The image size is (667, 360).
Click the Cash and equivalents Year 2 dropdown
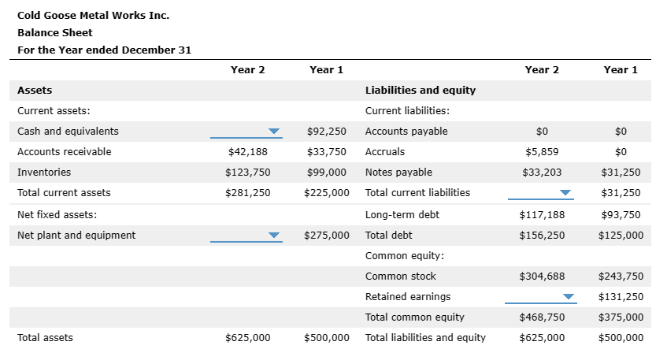tap(246, 132)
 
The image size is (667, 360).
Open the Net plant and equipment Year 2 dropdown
tap(246, 236)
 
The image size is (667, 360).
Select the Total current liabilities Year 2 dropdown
tap(540, 193)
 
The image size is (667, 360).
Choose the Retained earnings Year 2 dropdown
tap(540, 297)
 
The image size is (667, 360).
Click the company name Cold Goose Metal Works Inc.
tap(93, 15)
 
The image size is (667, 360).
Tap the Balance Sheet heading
tap(54, 32)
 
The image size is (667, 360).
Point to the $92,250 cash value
tap(326, 132)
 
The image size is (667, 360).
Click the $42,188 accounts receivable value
tap(247, 152)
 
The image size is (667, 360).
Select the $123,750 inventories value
tap(247, 173)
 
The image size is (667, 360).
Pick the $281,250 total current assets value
tap(247, 193)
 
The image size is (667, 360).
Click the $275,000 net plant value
tap(326, 236)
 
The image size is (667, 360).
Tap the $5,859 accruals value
tap(542, 152)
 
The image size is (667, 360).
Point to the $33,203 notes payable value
tap(542, 173)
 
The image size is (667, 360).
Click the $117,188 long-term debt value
tap(542, 214)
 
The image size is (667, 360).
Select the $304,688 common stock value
tap(542, 276)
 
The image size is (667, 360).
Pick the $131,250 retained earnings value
tap(621, 297)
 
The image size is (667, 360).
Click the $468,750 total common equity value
tap(542, 317)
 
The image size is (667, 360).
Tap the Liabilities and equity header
tap(421, 91)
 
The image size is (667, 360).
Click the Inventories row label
tap(44, 173)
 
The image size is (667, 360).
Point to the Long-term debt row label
tap(402, 214)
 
